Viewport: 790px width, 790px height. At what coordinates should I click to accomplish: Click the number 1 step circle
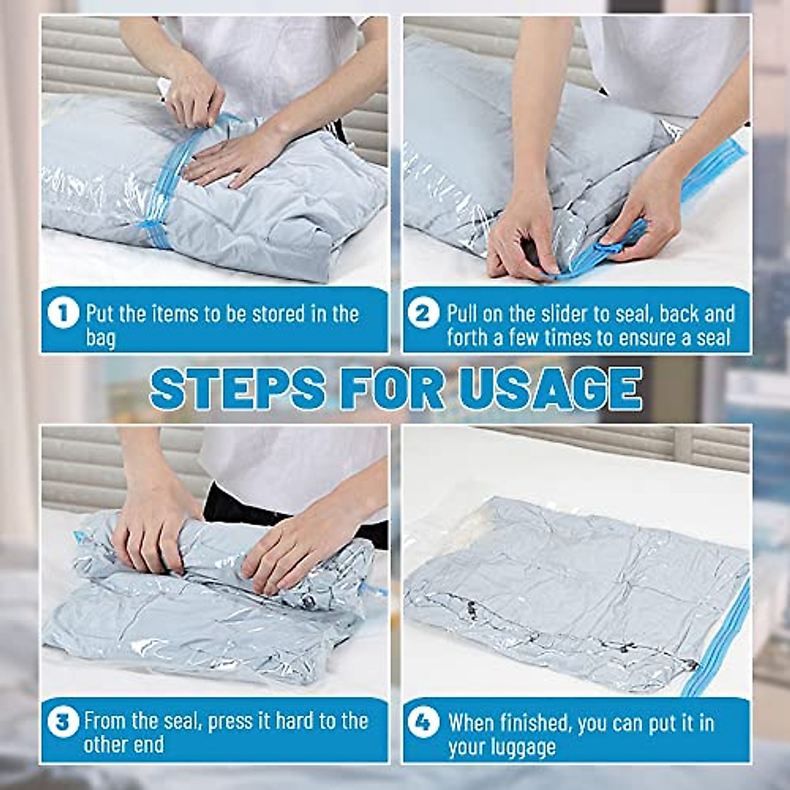click(x=63, y=313)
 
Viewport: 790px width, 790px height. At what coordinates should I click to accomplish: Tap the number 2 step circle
click(x=423, y=313)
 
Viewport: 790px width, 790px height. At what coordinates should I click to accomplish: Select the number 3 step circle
click(x=63, y=722)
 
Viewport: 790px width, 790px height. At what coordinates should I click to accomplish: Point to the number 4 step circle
click(x=423, y=722)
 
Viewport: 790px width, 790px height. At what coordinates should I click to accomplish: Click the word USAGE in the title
click(x=550, y=388)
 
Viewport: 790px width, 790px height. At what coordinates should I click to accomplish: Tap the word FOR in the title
click(x=392, y=388)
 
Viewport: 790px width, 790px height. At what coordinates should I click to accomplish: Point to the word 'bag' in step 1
click(x=100, y=339)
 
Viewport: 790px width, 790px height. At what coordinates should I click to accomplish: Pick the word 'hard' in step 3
click(x=295, y=721)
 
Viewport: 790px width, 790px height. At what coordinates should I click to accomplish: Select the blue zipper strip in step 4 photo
click(x=718, y=639)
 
